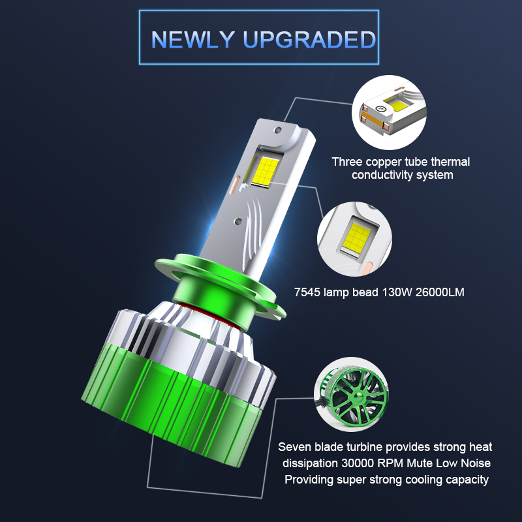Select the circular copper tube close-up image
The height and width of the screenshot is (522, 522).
(x=388, y=112)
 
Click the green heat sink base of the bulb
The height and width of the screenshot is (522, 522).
(x=176, y=405)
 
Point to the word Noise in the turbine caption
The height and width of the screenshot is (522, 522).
(x=474, y=463)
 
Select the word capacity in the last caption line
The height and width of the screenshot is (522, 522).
(x=466, y=480)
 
